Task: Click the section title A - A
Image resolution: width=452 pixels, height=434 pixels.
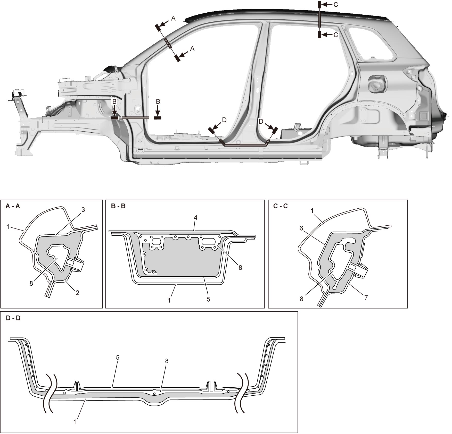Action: coord(13,206)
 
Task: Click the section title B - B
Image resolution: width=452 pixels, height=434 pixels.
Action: coord(118,206)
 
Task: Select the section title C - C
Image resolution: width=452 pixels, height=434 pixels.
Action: coord(281,206)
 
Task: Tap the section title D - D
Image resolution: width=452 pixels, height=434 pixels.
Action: coord(13,318)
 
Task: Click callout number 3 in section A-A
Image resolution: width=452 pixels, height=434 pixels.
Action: coord(83,210)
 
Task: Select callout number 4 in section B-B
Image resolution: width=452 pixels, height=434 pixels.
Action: coord(196,218)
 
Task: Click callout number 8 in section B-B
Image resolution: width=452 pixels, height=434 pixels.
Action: coord(240,268)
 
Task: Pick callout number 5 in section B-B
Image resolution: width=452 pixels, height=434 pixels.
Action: coord(208,299)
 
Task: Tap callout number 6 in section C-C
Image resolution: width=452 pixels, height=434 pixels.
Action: coord(301,228)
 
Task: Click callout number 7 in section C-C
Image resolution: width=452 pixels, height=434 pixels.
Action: coord(366,298)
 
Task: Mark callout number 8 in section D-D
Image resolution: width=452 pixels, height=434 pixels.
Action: coord(167,361)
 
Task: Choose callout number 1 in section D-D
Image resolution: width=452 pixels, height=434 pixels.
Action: coord(75,422)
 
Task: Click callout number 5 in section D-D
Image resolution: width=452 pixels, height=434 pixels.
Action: coord(118,358)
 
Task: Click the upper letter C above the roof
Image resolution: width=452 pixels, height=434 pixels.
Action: coord(336,5)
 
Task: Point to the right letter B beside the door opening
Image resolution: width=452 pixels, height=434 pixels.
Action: coord(158,102)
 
